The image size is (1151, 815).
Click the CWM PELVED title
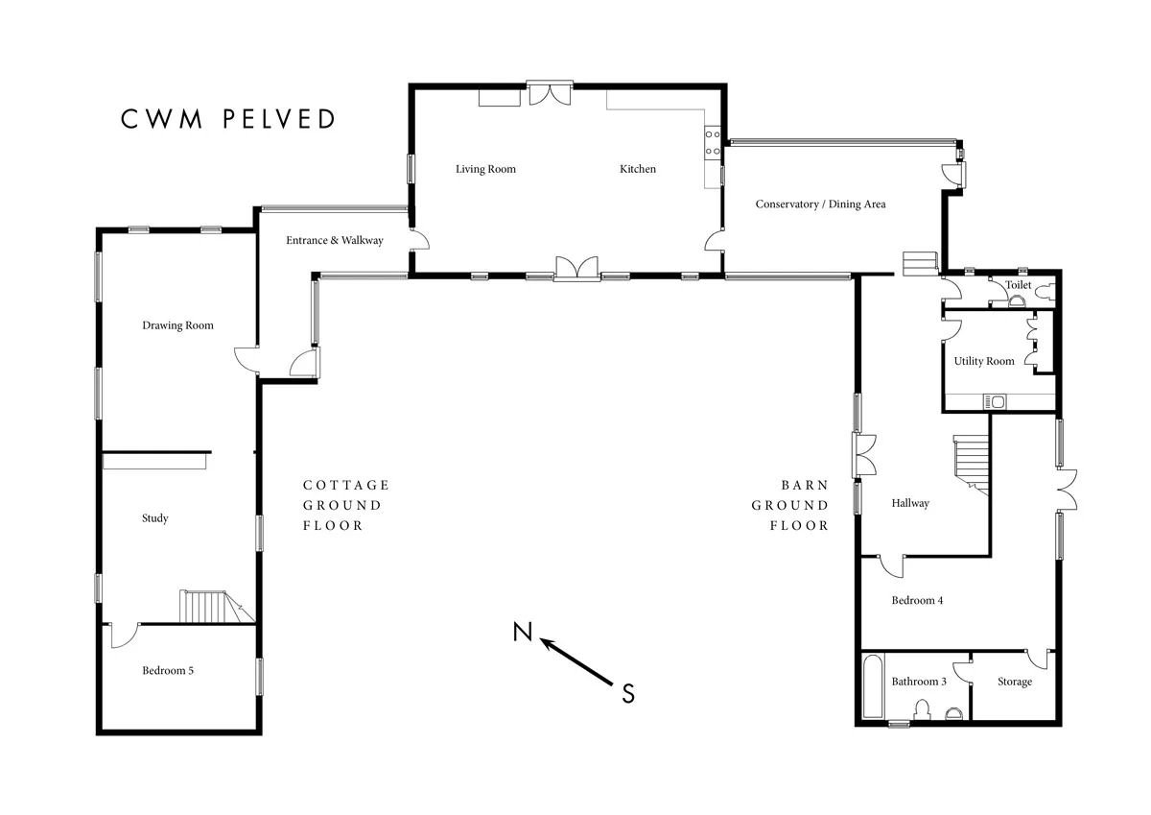pos(227,119)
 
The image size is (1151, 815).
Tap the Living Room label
pos(485,169)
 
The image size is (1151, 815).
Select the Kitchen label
pos(638,169)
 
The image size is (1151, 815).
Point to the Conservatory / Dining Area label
pos(821,204)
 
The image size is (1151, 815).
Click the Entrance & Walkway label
pos(335,240)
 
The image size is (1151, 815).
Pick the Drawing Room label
pos(177,325)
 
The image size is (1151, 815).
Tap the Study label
pos(155,518)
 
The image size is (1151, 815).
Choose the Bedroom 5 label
pos(168,670)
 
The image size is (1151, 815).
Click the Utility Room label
pos(984,362)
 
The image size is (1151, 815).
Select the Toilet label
pos(1018,285)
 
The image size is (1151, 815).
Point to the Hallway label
pos(910,503)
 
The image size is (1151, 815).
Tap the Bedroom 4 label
pos(917,601)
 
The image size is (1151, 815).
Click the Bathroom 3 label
pos(919,682)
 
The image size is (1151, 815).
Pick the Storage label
pos(1015,682)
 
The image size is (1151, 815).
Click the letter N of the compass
pos(523,632)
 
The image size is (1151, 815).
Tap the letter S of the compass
pos(628,694)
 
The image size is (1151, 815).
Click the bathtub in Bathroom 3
pos(873,686)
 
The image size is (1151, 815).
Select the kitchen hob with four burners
pos(712,142)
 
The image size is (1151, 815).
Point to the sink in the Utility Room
pos(995,401)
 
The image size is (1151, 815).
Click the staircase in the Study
pos(217,607)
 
